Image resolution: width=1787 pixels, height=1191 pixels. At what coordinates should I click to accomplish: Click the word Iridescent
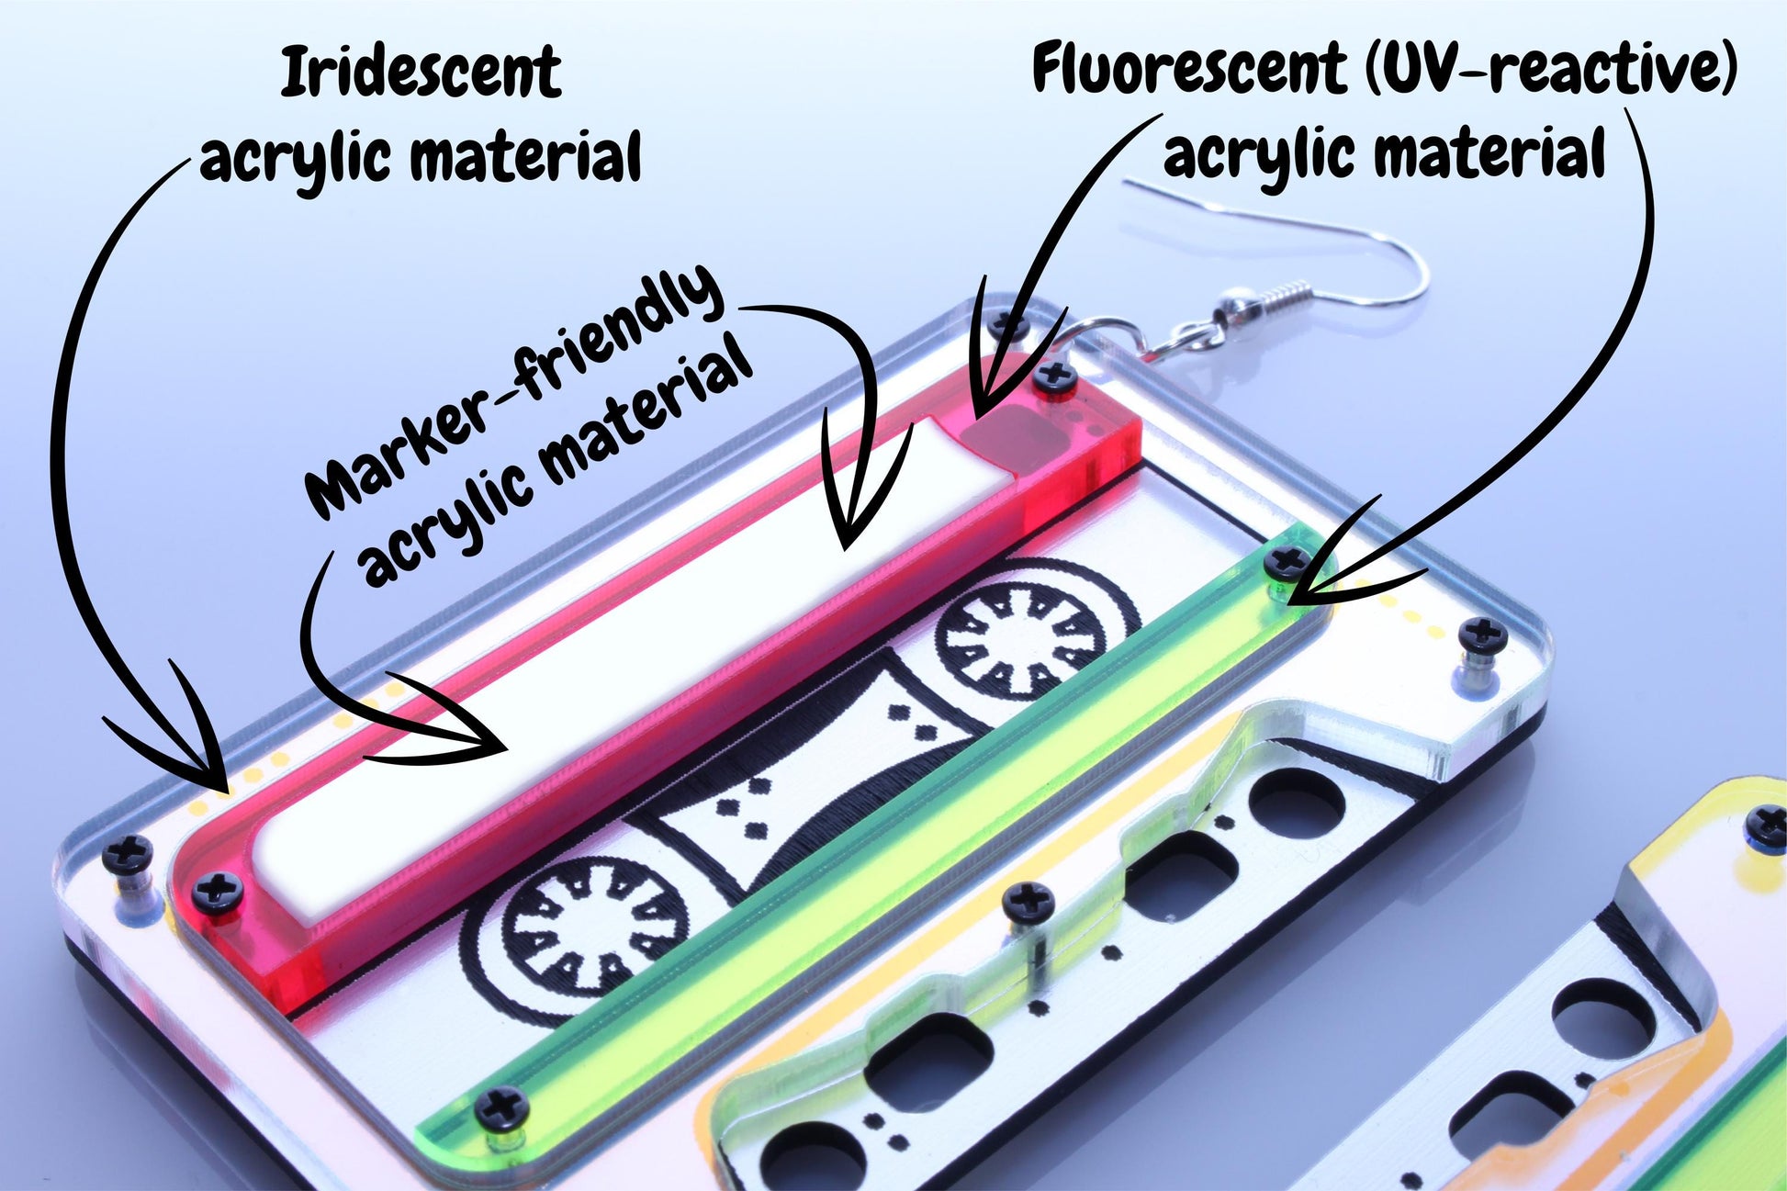(421, 73)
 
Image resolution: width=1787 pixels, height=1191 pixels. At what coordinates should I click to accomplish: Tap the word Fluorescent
(1189, 68)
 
